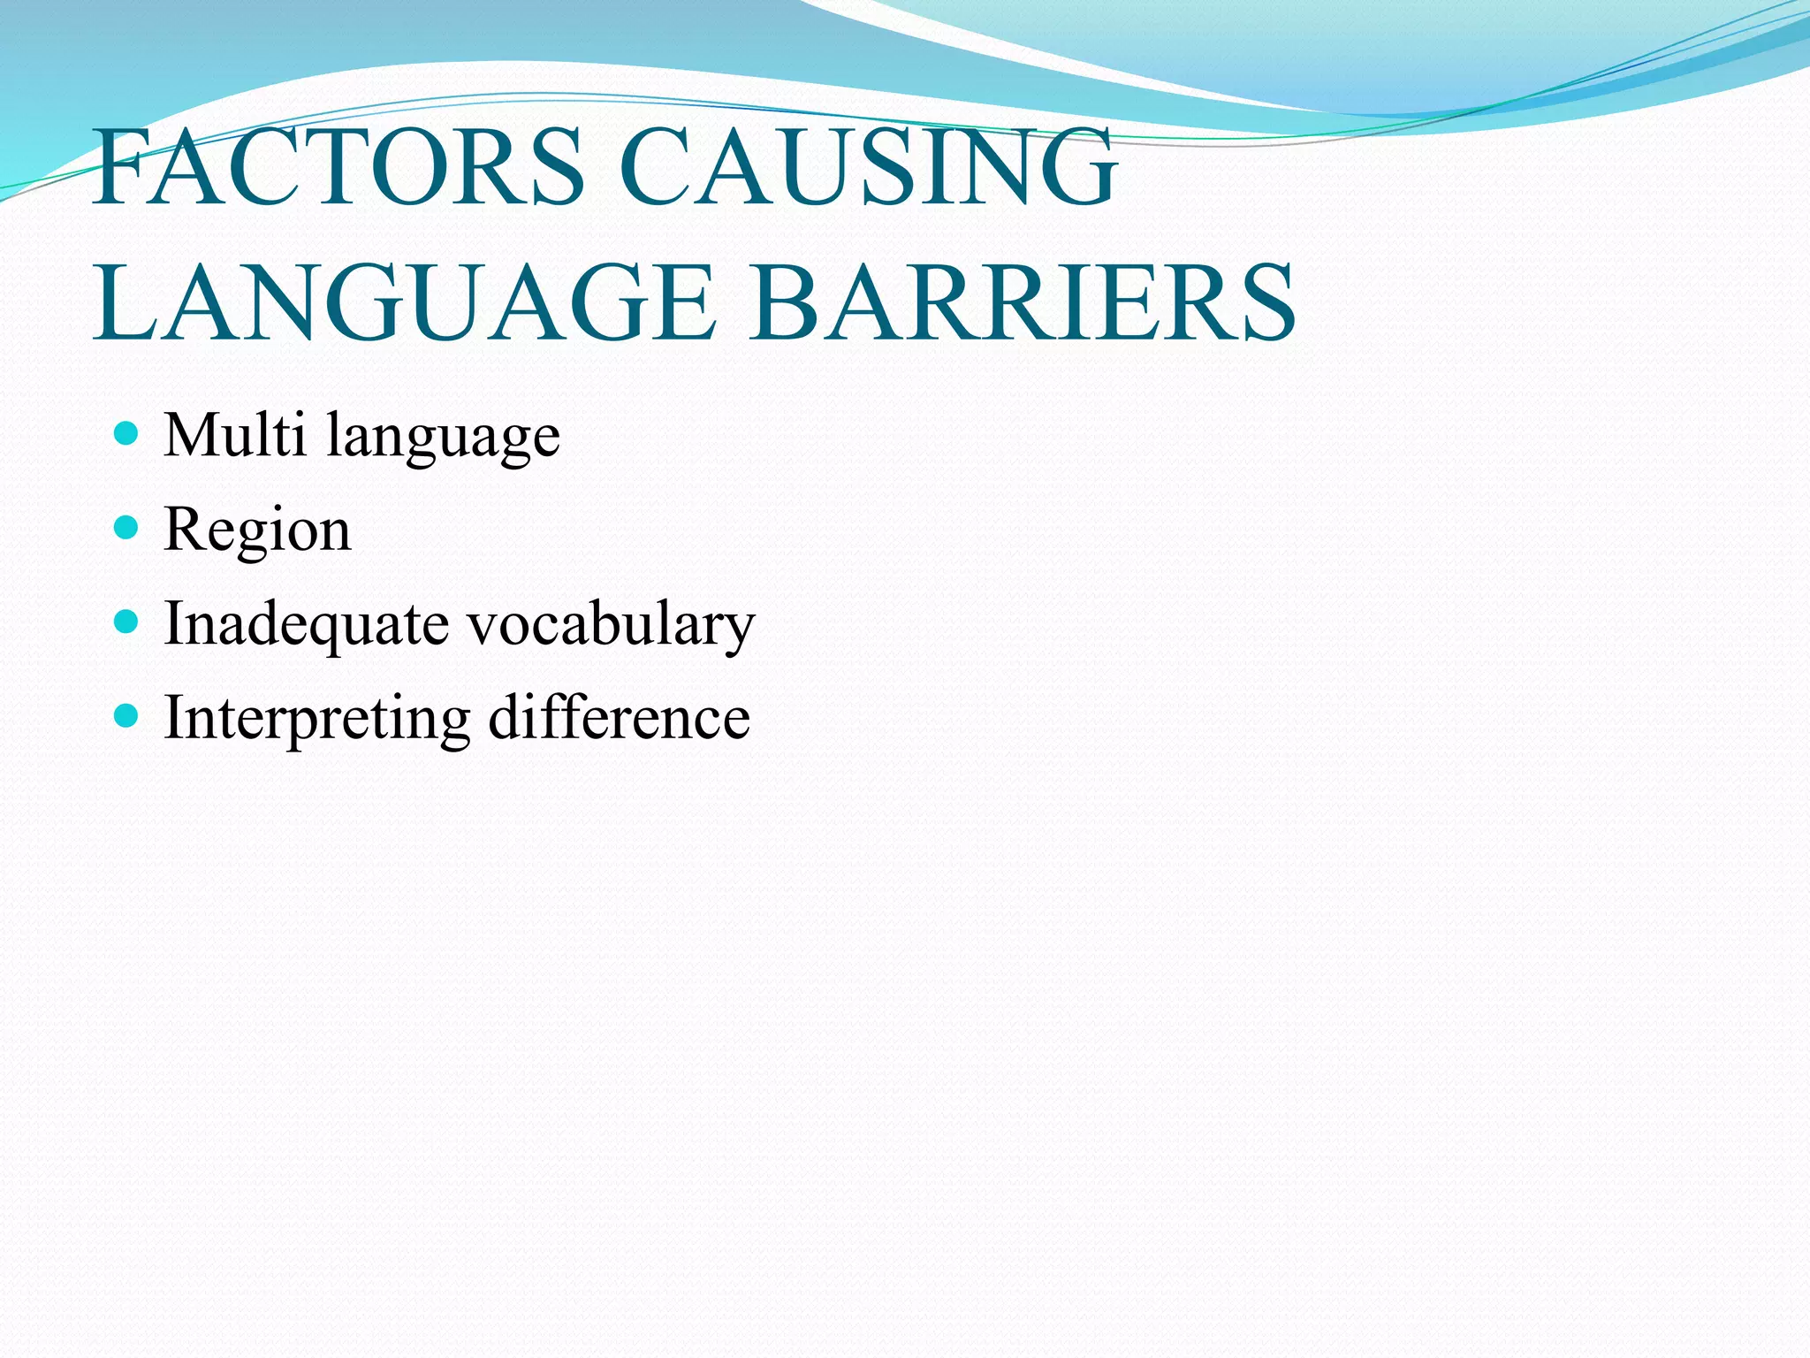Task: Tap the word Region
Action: (257, 530)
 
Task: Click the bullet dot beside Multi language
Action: (127, 433)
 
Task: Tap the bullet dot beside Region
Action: (127, 528)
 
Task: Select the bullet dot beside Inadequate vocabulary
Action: (127, 622)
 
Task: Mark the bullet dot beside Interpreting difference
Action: (127, 715)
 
